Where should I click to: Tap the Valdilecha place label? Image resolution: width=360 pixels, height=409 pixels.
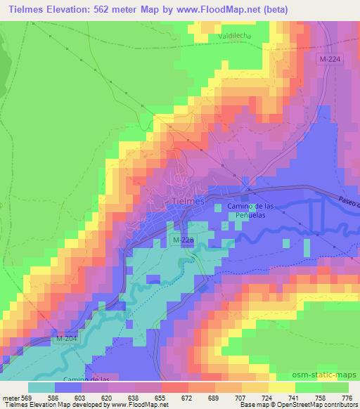tap(240, 35)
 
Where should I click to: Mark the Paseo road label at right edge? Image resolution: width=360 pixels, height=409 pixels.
tap(349, 204)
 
